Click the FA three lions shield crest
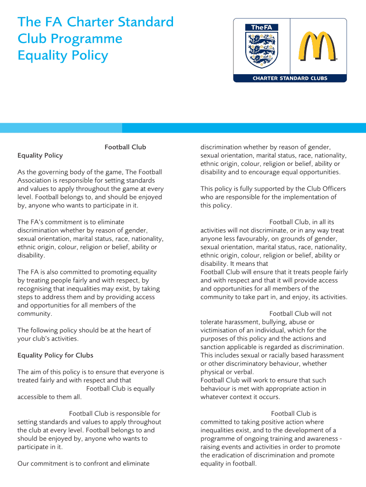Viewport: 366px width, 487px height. [261, 49]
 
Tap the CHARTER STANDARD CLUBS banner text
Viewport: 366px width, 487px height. [289, 78]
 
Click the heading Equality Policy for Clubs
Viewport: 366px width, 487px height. [55, 355]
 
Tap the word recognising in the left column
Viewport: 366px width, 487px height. [36, 289]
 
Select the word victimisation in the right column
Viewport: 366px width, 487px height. [221, 330]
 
